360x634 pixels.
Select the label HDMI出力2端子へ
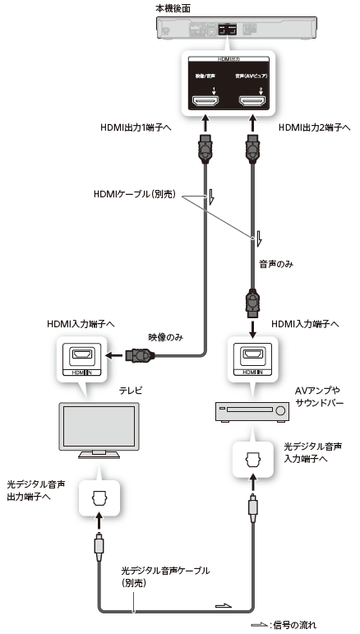point(314,128)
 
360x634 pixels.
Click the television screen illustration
point(99,428)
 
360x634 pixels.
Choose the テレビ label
point(131,391)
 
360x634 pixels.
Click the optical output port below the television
point(99,499)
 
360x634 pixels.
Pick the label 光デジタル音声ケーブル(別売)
point(165,576)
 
